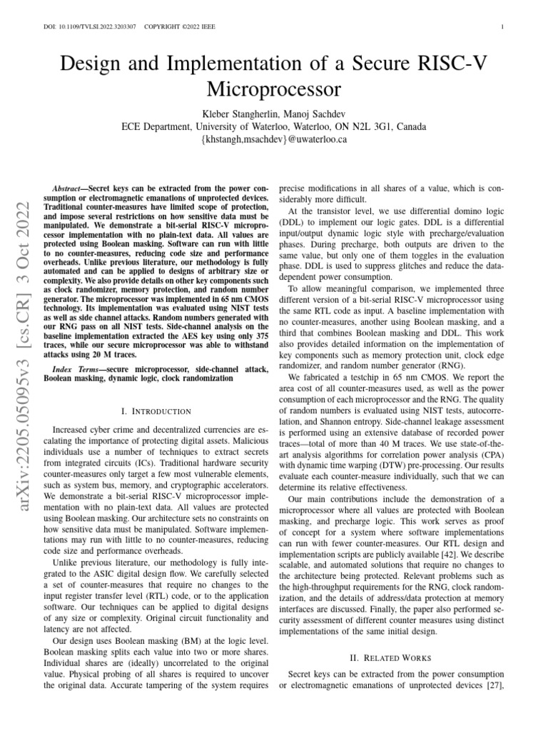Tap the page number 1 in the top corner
pos(503,27)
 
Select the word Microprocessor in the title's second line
pos(274,89)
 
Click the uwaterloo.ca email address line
pos(274,140)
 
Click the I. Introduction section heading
pos(157,411)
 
